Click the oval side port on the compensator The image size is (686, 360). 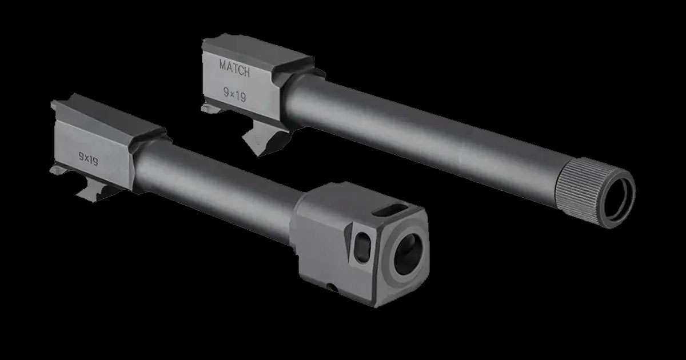(362, 248)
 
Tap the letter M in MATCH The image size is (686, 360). (223, 65)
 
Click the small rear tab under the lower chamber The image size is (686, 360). (57, 171)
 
